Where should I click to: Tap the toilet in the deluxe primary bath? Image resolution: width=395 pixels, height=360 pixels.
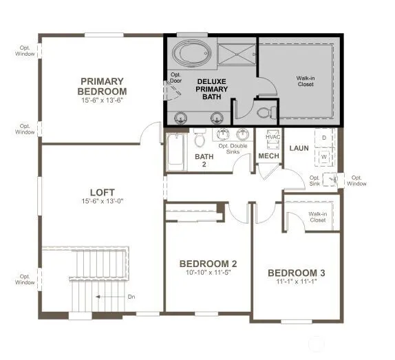[266, 112]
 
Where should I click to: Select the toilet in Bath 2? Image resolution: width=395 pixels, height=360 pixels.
[200, 138]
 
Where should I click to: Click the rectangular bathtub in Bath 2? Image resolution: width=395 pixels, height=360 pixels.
[177, 152]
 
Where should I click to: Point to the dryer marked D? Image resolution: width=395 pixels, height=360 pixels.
[325, 138]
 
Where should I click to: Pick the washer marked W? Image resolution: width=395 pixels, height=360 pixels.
[324, 157]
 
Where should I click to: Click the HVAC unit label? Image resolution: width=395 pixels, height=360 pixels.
[273, 137]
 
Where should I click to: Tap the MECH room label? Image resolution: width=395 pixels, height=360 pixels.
[269, 156]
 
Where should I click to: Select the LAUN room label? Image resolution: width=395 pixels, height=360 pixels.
[299, 148]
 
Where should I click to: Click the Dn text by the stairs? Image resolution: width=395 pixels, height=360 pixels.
[131, 297]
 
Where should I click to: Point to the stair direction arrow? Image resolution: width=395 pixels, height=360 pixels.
[110, 297]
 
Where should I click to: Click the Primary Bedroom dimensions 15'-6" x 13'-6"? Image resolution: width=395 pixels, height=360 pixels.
[102, 100]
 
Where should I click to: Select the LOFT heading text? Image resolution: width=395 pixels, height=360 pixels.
[103, 193]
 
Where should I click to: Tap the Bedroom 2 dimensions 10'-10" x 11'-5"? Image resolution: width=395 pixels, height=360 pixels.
[209, 273]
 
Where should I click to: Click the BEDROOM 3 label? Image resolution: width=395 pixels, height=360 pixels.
[297, 273]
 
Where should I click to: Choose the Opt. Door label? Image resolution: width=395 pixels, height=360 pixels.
[176, 78]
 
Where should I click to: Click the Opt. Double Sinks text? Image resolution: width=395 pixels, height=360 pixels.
[233, 149]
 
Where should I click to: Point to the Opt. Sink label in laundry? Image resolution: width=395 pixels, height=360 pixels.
[314, 180]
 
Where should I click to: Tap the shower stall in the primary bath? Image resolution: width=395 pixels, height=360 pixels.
[236, 54]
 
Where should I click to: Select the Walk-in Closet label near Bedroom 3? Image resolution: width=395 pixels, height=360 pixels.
[318, 217]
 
